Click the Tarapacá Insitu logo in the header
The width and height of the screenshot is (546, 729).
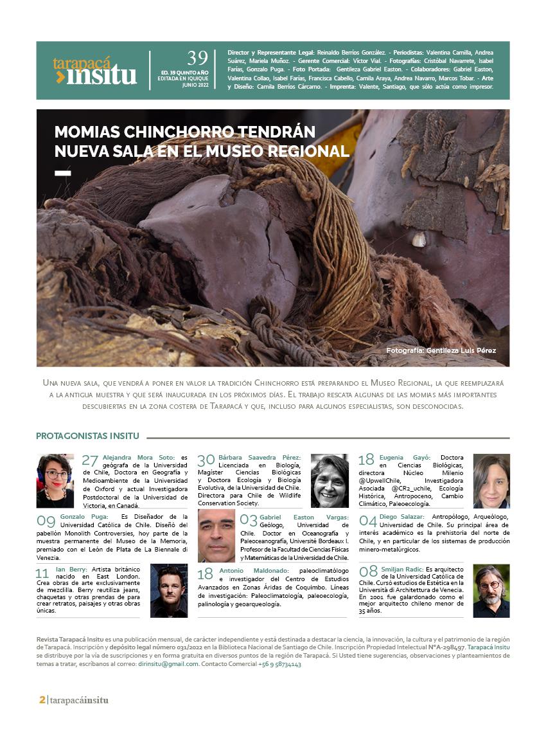(95, 71)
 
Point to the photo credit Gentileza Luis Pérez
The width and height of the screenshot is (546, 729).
(441, 350)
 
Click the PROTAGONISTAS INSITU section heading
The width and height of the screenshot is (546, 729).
(87, 436)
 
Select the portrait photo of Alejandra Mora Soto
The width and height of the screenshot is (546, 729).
(55, 480)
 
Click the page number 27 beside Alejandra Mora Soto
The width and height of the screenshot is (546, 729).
(90, 460)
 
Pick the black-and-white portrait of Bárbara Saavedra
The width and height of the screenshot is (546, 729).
(330, 480)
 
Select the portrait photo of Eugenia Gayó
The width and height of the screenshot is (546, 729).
(491, 480)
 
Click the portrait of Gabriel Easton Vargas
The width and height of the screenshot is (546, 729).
(216, 535)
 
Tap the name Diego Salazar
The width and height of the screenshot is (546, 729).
(406, 517)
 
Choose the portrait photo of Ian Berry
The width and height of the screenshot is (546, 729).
(169, 590)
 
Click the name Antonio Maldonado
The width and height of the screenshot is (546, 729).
(253, 570)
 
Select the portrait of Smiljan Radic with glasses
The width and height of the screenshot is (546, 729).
(491, 590)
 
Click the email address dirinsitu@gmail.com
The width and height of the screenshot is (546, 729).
(168, 664)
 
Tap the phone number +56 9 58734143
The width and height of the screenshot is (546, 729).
(279, 664)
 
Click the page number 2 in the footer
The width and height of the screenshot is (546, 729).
(42, 700)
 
